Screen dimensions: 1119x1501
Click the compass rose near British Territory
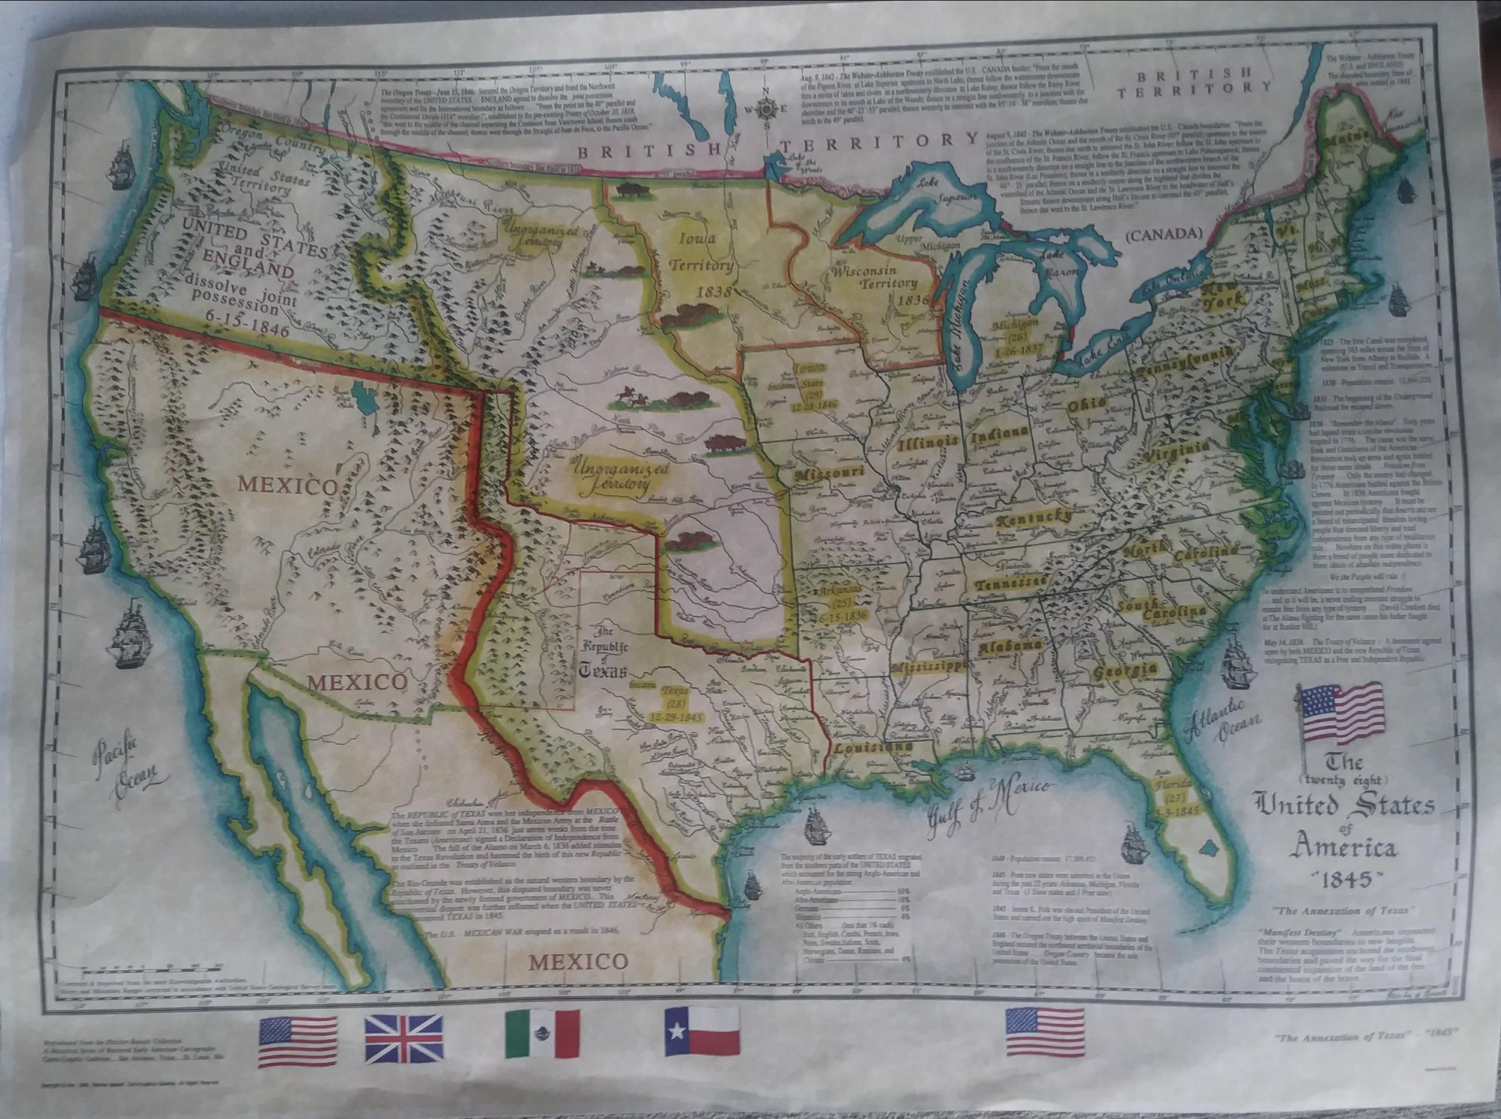click(766, 108)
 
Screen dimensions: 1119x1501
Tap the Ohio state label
click(1086, 405)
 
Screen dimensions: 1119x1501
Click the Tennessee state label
click(1011, 583)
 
